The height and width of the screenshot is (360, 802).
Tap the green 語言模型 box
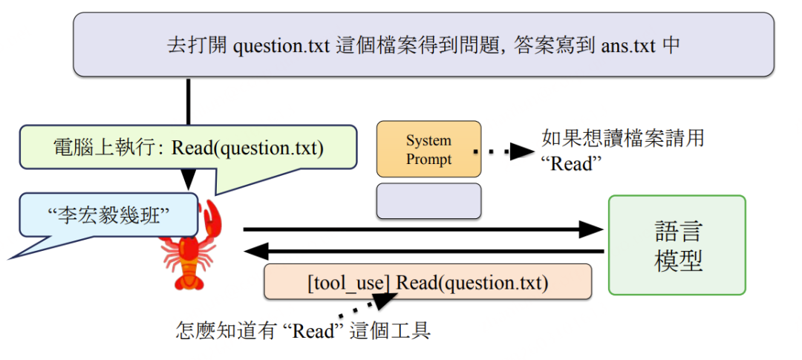tap(677, 245)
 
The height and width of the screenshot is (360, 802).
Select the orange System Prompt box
tap(428, 149)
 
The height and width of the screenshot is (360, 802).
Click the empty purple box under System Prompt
tap(428, 200)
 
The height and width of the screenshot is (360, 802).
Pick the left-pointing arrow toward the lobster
tap(423, 252)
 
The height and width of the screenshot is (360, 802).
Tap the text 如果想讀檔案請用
tap(622, 138)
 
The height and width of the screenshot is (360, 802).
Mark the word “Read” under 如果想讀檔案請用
tap(571, 163)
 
